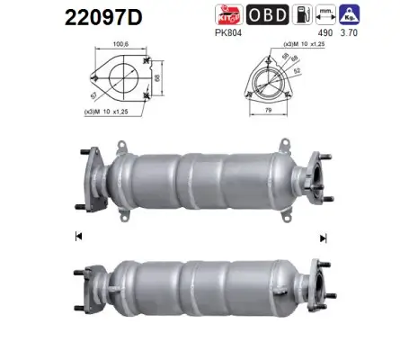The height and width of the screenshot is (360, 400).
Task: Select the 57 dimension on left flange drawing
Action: [x=94, y=93]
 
